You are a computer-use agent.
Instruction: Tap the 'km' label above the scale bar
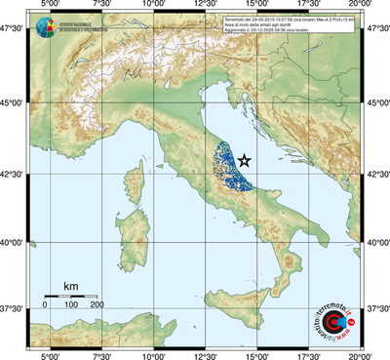pyautogui.click(x=70, y=286)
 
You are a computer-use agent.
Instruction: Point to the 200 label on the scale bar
pyautogui.click(x=97, y=305)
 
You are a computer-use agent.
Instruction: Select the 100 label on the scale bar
pyautogui.click(x=71, y=305)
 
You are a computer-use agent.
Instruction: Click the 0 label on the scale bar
pyautogui.click(x=45, y=305)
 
